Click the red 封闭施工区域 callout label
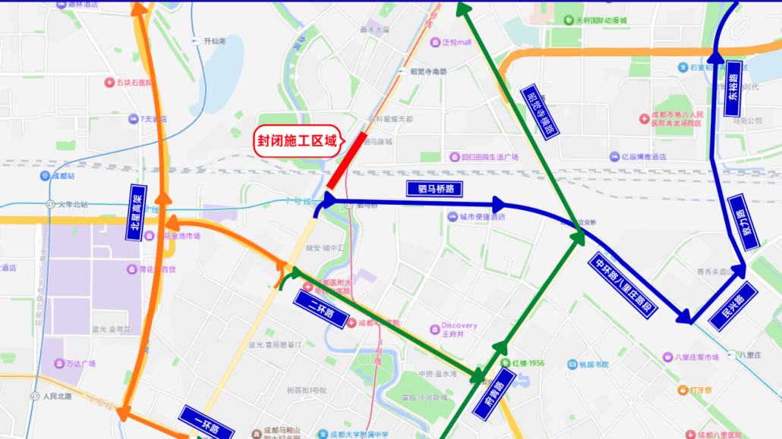click(296, 141)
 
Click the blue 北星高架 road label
click(137, 213)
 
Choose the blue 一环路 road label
click(207, 423)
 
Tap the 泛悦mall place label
click(456, 42)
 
